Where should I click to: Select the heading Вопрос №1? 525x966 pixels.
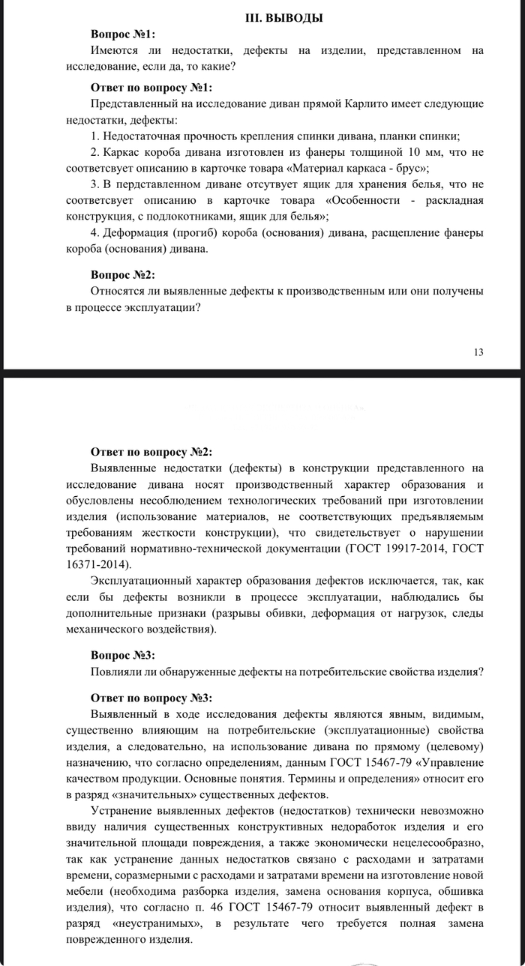124,34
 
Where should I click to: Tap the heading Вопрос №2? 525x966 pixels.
124,274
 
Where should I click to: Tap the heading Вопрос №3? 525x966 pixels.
124,654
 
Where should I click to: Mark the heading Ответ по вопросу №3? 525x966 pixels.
152,698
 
